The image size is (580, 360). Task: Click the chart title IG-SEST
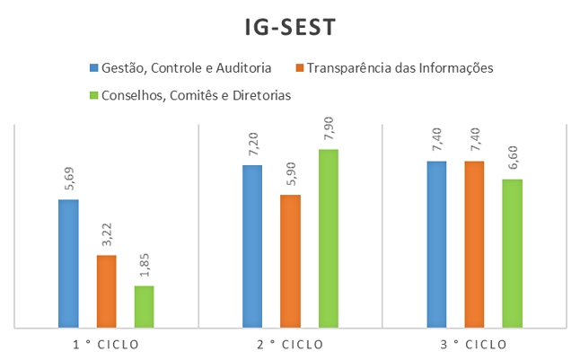[290, 28]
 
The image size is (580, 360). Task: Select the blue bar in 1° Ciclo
[68, 263]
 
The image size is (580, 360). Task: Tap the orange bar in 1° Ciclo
[106, 291]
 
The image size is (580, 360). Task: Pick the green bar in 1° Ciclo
[144, 306]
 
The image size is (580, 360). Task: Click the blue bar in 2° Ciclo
[252, 246]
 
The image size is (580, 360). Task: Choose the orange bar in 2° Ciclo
[290, 260]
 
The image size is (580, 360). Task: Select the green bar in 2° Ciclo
[328, 238]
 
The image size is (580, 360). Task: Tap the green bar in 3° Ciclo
[512, 253]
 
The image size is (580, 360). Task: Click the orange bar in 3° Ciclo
[474, 244]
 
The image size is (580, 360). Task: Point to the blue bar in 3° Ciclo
[436, 244]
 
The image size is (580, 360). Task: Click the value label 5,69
[68, 180]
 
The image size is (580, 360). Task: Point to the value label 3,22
[106, 236]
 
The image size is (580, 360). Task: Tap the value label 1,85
[144, 267]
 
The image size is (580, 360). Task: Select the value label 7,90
[328, 130]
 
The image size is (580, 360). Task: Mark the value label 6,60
[512, 160]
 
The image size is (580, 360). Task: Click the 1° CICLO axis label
[106, 344]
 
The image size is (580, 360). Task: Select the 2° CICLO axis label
[290, 344]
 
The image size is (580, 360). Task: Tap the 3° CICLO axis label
[474, 344]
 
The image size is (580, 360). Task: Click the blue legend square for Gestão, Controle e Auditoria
[93, 67]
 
